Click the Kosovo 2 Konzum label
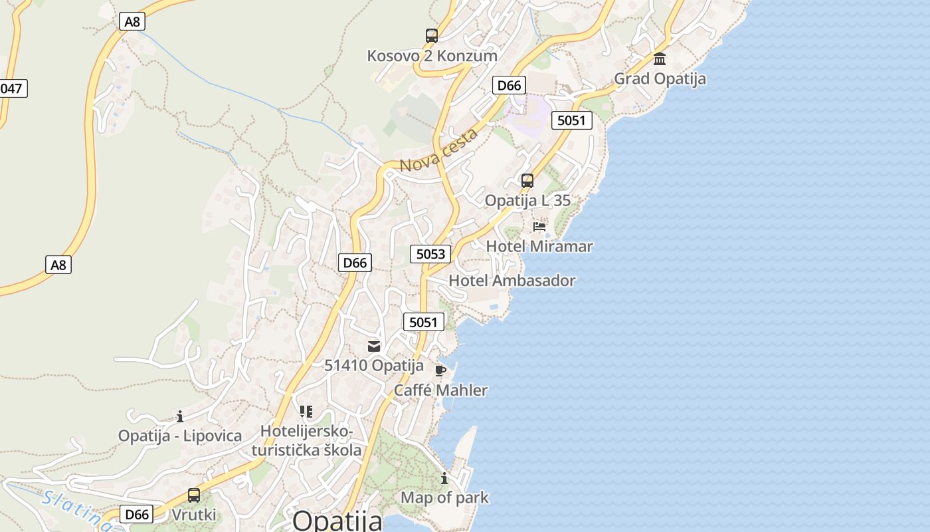click(x=432, y=56)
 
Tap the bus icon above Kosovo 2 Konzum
click(x=432, y=36)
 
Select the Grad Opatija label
click(x=660, y=78)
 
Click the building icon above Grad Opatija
click(x=660, y=59)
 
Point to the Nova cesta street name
click(x=439, y=150)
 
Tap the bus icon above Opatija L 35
click(x=527, y=181)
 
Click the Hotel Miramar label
click(x=539, y=246)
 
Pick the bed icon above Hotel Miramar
click(x=539, y=227)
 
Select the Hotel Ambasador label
click(x=512, y=281)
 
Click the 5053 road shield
click(x=430, y=253)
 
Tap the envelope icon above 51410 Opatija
click(x=374, y=346)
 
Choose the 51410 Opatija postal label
click(x=374, y=365)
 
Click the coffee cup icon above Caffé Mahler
click(x=440, y=370)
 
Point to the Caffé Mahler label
click(x=440, y=390)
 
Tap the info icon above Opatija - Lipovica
click(x=179, y=417)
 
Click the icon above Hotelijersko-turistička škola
click(x=306, y=412)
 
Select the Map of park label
click(x=444, y=497)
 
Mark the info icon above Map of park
click(x=444, y=478)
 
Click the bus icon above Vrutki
click(x=194, y=495)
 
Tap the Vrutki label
click(x=194, y=515)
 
